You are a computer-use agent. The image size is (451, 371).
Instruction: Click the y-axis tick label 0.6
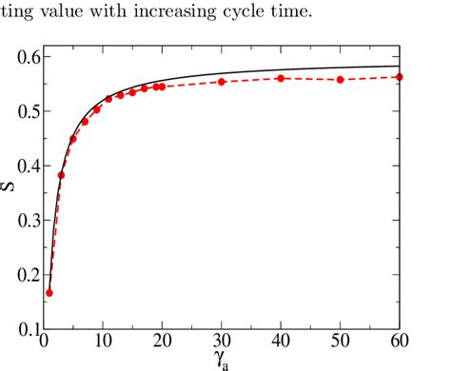pyautogui.click(x=23, y=58)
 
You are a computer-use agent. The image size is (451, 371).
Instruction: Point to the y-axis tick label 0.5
pyautogui.click(x=23, y=112)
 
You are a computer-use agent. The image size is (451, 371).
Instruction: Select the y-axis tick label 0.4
pyautogui.click(x=23, y=167)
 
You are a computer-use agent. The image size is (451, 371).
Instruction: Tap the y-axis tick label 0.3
pyautogui.click(x=23, y=222)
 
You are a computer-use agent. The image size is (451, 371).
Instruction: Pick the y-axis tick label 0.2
pyautogui.click(x=23, y=276)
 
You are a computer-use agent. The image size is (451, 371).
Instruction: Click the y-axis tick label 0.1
pyautogui.click(x=23, y=330)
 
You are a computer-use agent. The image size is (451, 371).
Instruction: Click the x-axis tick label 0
pyautogui.click(x=44, y=344)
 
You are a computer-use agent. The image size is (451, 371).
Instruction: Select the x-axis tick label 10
pyautogui.click(x=103, y=344)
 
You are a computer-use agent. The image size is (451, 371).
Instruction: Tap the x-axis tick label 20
pyautogui.click(x=162, y=344)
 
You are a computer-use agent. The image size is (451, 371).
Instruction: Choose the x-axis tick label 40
pyautogui.click(x=281, y=344)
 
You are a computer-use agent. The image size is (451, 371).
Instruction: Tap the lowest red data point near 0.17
pyautogui.click(x=49, y=293)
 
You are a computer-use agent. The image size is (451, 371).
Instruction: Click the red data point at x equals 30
pyautogui.click(x=222, y=82)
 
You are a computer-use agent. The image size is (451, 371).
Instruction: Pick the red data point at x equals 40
pyautogui.click(x=281, y=78)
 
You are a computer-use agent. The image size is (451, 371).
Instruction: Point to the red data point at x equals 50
pyautogui.click(x=340, y=80)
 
